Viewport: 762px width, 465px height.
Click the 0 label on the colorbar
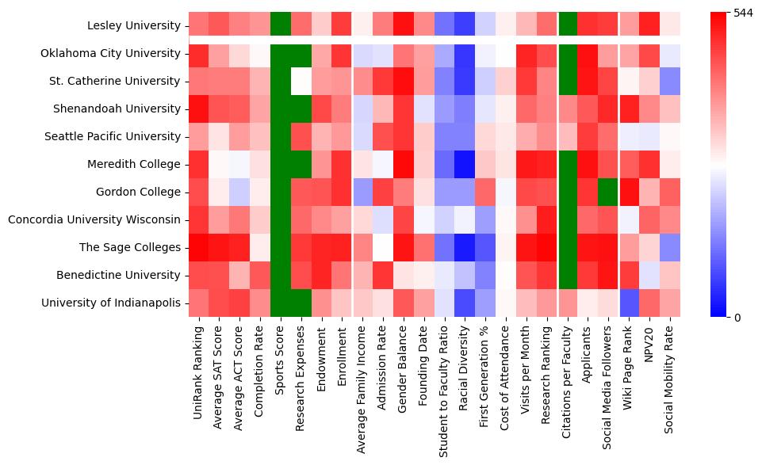point(737,318)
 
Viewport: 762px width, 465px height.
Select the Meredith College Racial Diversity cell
point(465,165)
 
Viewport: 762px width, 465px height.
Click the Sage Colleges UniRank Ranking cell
point(198,248)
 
